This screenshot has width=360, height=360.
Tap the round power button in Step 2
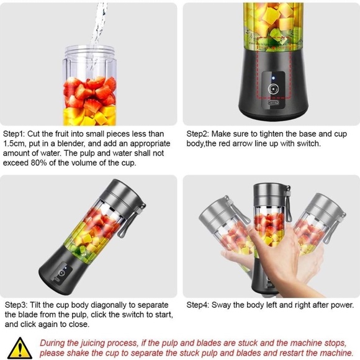coord(272,89)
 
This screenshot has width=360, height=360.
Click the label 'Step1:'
coord(15,133)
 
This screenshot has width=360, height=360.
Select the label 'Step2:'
coord(199,133)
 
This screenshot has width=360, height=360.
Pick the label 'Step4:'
coord(199,305)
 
